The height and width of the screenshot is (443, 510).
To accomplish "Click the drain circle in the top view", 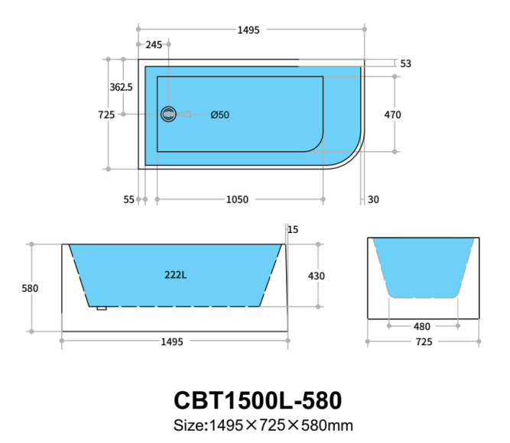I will pos(168,115).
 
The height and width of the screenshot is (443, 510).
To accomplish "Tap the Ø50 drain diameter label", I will pos(219,115).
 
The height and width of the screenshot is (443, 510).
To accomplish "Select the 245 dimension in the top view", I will pos(154,45).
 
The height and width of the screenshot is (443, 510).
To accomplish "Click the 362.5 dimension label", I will pos(121,87).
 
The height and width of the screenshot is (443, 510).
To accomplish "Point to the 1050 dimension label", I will pos(237,200).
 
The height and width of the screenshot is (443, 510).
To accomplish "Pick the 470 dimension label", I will pos(392,115).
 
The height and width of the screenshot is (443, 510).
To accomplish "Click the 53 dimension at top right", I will pos(405,64).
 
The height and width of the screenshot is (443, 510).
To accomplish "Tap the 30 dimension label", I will pos(373,200).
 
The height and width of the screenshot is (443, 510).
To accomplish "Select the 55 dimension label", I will pos(129,200).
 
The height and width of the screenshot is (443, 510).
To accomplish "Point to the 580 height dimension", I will pos(31,289).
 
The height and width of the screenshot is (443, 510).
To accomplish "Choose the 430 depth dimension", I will pos(317,276).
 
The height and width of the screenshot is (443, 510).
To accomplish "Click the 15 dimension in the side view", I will pos(294,229).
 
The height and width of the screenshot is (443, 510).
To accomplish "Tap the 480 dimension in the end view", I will pos(422,326).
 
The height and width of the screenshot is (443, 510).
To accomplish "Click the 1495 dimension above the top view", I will pos(249,31).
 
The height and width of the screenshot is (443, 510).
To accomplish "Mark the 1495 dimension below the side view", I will pos(173,342).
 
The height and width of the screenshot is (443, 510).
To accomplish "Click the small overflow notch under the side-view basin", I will pos(101,309).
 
